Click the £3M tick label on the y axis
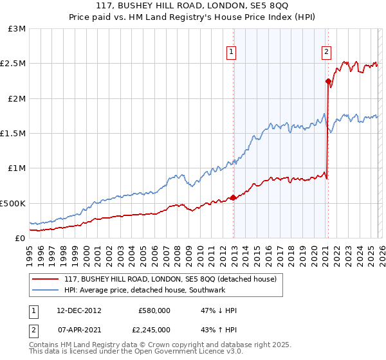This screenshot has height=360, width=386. (x=17, y=29)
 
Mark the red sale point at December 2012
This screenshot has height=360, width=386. (x=234, y=197)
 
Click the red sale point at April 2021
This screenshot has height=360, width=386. (x=328, y=82)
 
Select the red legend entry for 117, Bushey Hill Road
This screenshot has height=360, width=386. (x=170, y=279)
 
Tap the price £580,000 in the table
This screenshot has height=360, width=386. (x=154, y=310)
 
